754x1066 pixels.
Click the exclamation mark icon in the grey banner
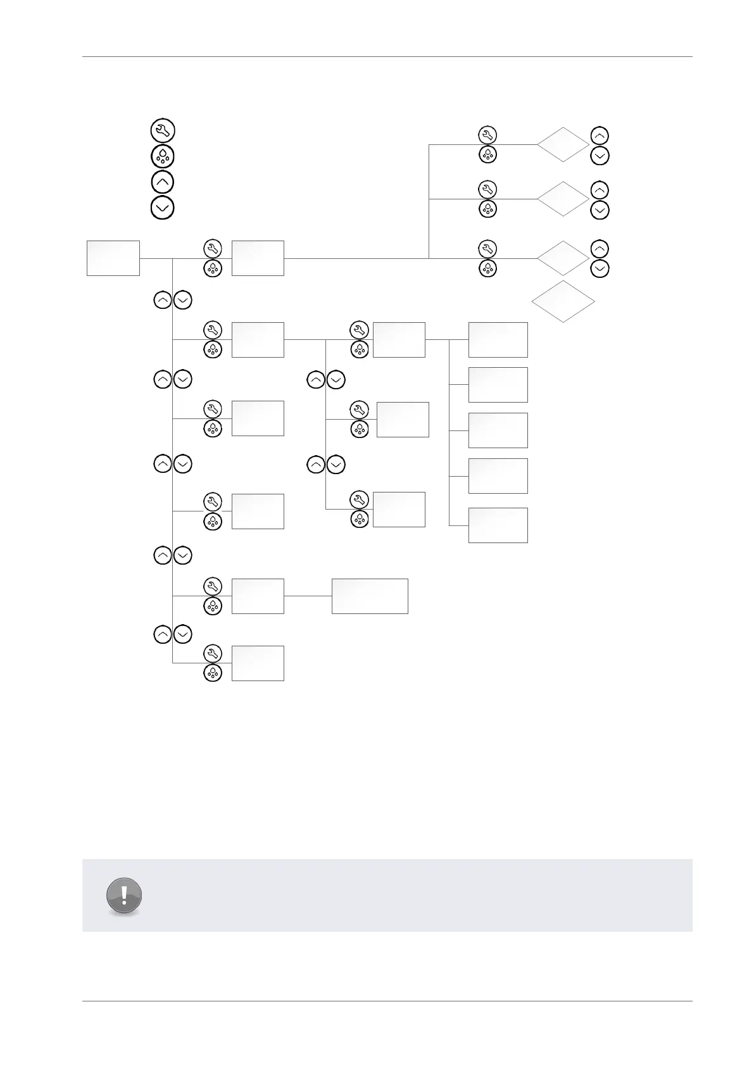coord(125,895)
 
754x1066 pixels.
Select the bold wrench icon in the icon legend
coord(163,130)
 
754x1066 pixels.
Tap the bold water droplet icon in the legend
coord(163,156)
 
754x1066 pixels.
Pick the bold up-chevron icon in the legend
coord(163,182)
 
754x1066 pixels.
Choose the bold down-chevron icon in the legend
coord(163,208)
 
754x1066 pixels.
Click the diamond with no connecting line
coord(563,302)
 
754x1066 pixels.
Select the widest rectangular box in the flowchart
coord(370,596)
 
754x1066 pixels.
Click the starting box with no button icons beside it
coord(113,258)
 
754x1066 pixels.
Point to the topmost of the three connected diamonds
coord(563,144)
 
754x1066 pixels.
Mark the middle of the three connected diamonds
coord(563,199)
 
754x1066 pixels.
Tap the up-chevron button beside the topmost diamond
coord(600,135)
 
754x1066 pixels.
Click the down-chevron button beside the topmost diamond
coord(600,155)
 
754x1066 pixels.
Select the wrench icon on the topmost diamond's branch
coord(487,135)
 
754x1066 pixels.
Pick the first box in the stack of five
coord(498,339)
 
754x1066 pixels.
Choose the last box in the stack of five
coord(498,525)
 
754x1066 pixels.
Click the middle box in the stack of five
coord(498,430)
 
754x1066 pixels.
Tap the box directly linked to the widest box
coord(258,596)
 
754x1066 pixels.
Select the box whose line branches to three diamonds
coord(258,258)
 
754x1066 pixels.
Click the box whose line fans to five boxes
coord(399,339)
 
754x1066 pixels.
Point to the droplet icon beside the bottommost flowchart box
coord(213,673)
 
